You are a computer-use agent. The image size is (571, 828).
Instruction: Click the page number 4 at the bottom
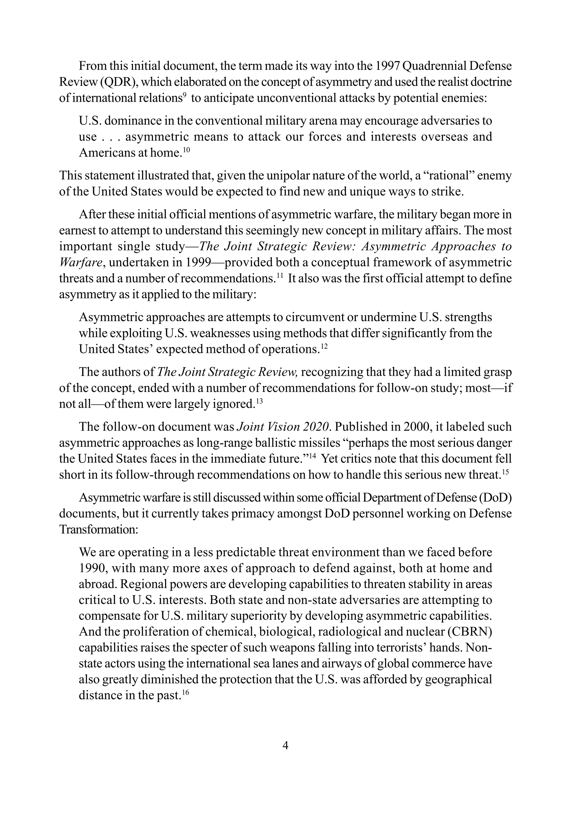(x=285, y=746)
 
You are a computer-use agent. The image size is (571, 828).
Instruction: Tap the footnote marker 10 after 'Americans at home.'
(x=187, y=150)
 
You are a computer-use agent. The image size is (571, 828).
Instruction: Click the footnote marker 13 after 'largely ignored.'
(x=259, y=401)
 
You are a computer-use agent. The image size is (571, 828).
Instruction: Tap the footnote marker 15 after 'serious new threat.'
(x=505, y=472)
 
